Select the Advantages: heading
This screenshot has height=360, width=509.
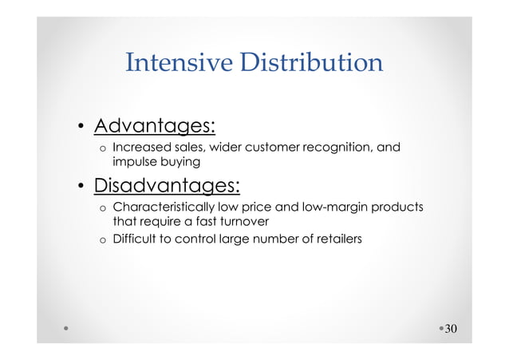(x=156, y=126)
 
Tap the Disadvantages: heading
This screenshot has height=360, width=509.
(x=167, y=186)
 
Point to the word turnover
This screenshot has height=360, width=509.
(x=243, y=221)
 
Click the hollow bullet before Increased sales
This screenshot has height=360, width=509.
(x=102, y=148)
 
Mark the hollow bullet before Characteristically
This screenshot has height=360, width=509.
(x=102, y=208)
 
